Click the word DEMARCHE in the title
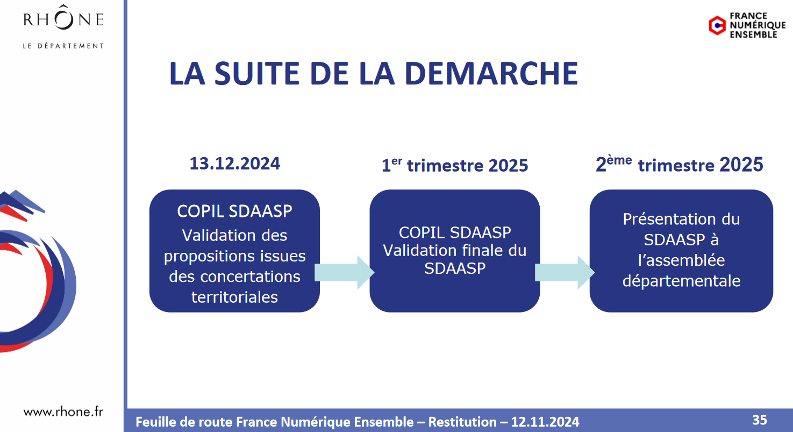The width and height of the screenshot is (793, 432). pos(491,73)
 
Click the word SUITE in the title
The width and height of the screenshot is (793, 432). pos(257,73)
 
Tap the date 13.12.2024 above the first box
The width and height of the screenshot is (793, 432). pos(235,164)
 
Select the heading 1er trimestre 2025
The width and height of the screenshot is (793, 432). pos(454,165)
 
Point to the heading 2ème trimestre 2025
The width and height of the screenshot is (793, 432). pos(679,165)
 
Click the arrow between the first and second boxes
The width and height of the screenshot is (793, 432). pos(345,272)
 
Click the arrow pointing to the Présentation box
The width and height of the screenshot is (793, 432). pos(565,272)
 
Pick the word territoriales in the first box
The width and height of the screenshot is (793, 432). pos(235,297)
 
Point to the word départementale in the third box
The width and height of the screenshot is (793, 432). pos(682,281)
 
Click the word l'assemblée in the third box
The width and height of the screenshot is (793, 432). pos(682,260)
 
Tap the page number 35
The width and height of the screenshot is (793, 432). pos(760,420)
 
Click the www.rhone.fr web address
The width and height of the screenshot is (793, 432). pos(63,412)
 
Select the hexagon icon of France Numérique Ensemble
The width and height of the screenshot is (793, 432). pos(718,25)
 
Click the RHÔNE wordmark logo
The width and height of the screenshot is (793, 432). pos(63,18)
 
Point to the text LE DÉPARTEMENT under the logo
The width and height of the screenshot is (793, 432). pos(63,46)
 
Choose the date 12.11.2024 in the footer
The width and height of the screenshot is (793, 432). pos(545,422)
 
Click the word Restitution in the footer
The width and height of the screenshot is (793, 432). pos(462,422)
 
